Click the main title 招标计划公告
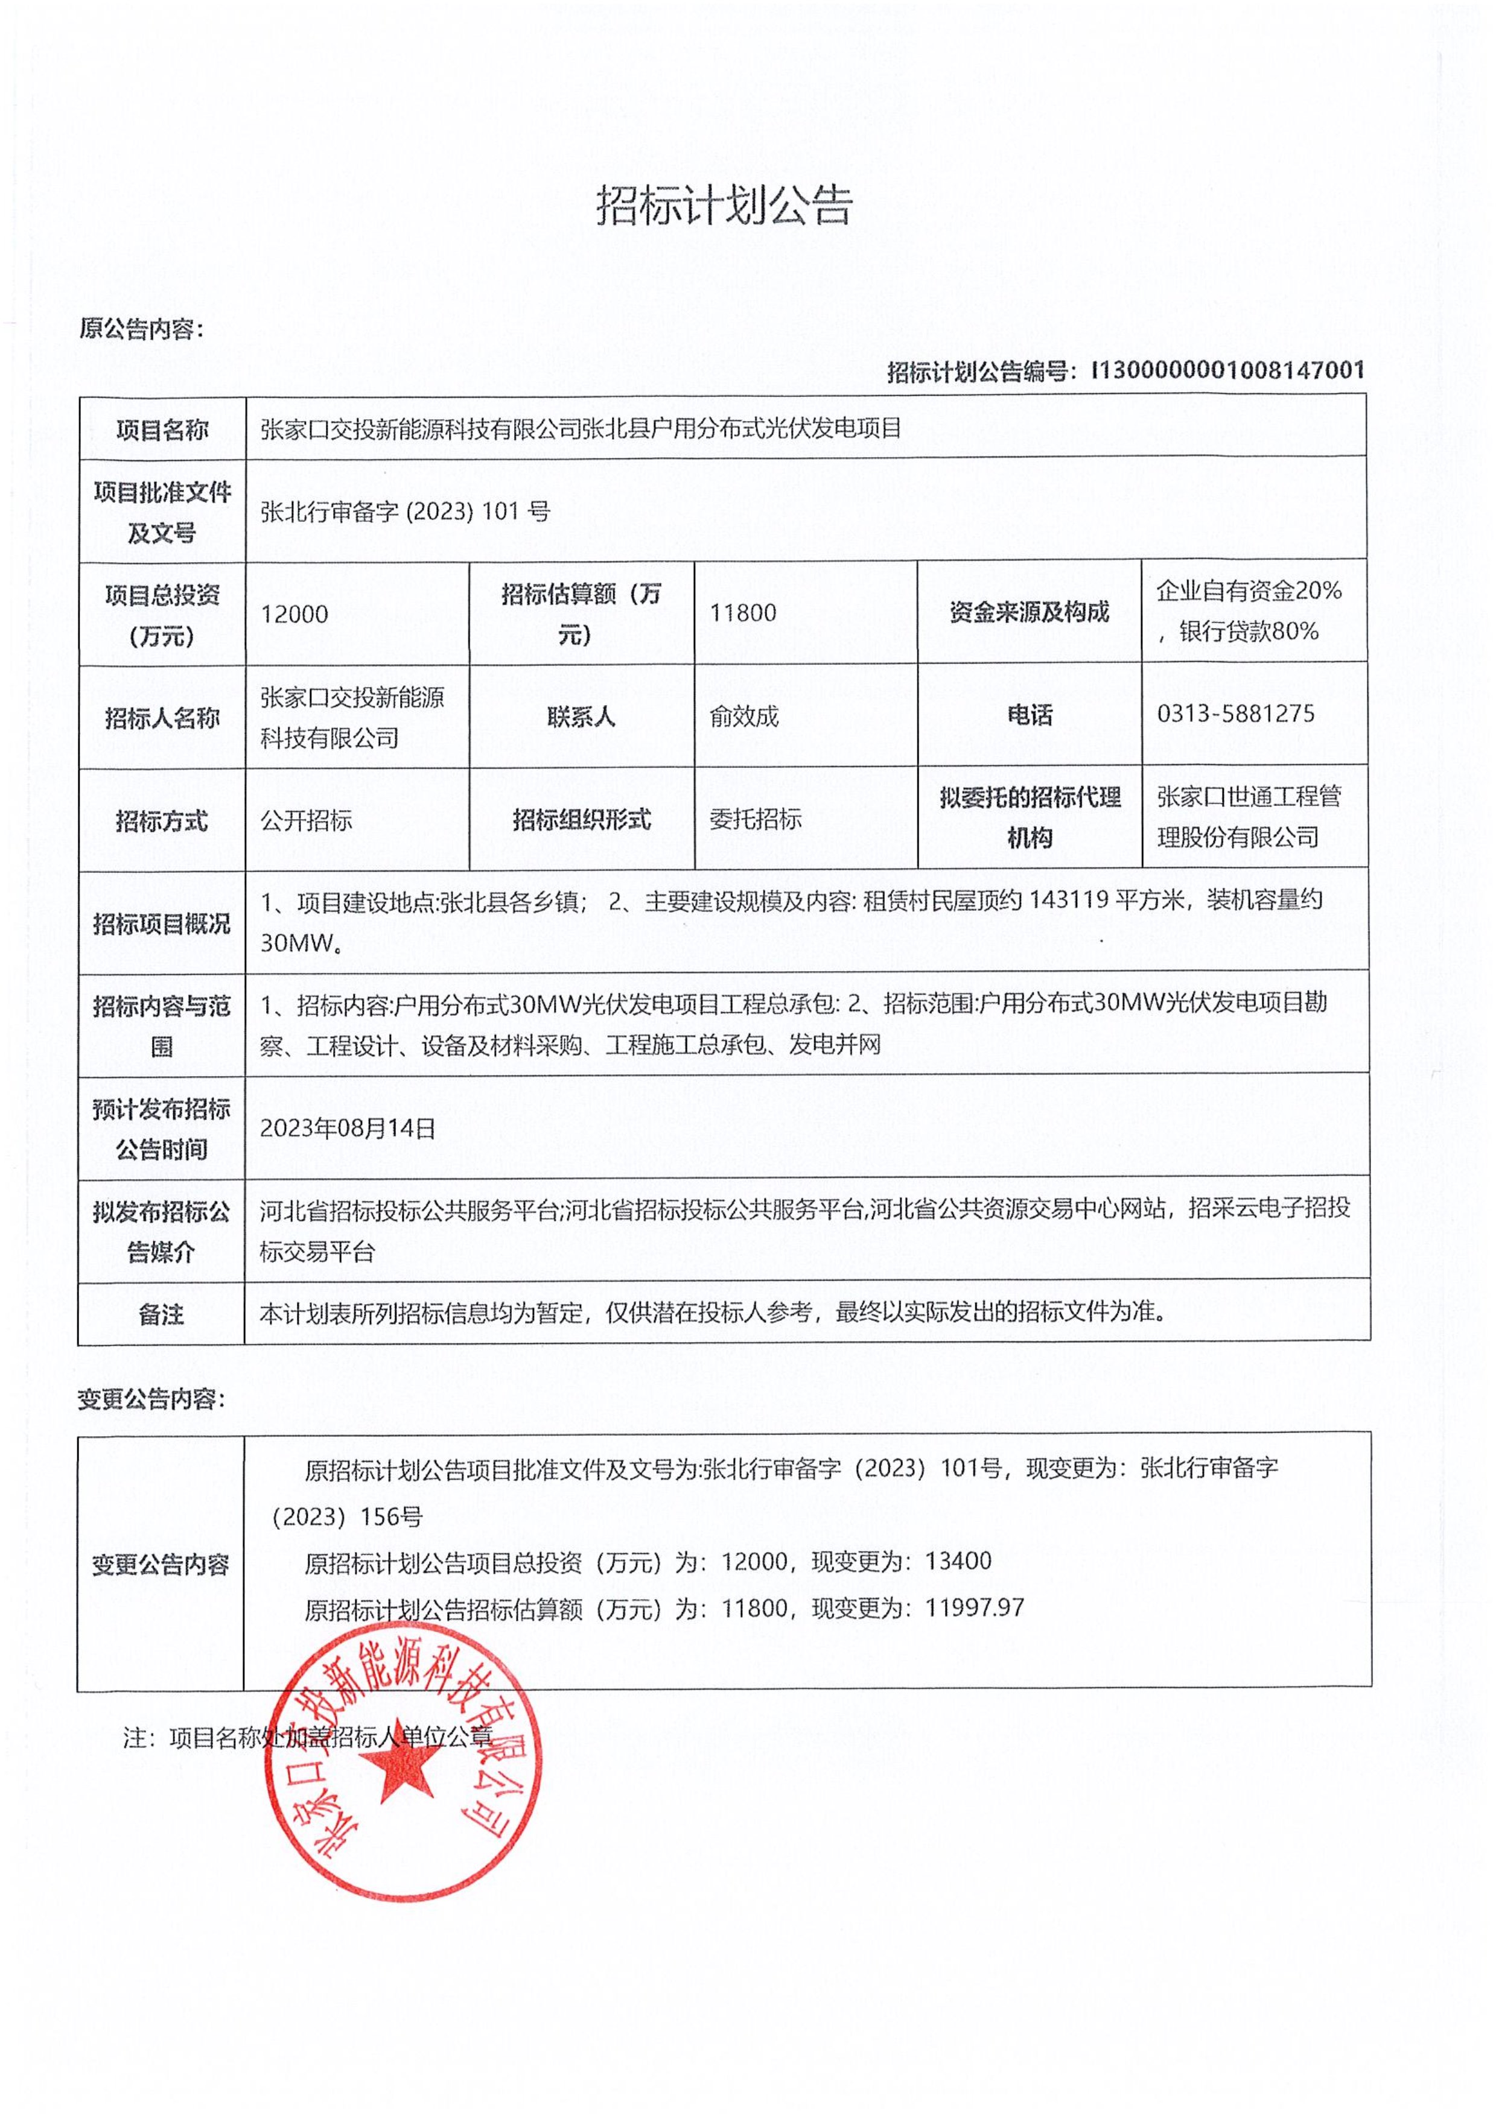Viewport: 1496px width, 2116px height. click(x=725, y=204)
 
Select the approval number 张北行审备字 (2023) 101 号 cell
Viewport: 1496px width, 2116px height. click(x=406, y=512)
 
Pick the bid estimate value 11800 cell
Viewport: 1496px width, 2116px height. click(x=743, y=613)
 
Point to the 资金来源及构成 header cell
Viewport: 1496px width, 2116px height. click(x=1029, y=612)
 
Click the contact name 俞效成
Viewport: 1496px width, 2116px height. click(x=744, y=716)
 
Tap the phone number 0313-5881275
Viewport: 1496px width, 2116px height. click(x=1235, y=714)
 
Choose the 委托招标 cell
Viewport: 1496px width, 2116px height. click(x=755, y=819)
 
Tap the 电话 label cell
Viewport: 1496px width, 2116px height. click(x=1029, y=715)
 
